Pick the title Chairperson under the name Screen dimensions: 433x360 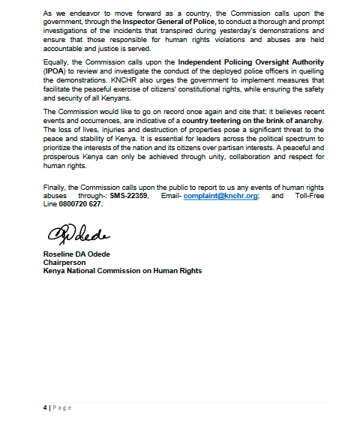(63, 263)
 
